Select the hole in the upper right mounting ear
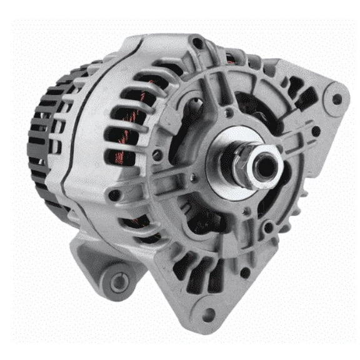tap(337, 98)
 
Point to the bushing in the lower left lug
tap(118, 282)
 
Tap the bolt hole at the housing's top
tap(197, 43)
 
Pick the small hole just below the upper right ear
tap(316, 131)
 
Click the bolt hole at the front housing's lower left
tap(114, 196)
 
